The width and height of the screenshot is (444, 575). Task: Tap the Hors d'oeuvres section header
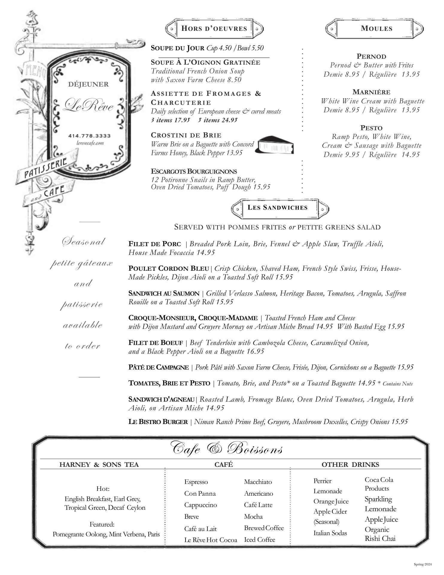click(214, 29)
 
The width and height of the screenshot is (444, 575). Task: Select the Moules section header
click(376, 29)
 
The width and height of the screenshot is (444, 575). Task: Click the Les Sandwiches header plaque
click(277, 208)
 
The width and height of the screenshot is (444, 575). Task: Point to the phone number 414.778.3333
click(89, 136)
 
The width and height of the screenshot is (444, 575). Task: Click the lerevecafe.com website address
click(90, 143)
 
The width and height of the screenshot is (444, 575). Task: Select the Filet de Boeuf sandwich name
click(156, 343)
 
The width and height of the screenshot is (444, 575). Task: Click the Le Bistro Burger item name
click(158, 422)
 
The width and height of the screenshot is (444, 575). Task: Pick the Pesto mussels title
click(371, 128)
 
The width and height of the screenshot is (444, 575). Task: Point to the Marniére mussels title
click(371, 92)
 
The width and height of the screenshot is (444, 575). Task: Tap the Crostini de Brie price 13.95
click(234, 153)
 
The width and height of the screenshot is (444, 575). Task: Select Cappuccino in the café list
click(200, 505)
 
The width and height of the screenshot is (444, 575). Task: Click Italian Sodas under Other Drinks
click(330, 533)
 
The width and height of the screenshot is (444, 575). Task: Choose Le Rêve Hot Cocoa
click(211, 540)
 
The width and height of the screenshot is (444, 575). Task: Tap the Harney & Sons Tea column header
click(99, 464)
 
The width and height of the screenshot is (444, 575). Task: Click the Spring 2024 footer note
click(423, 564)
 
